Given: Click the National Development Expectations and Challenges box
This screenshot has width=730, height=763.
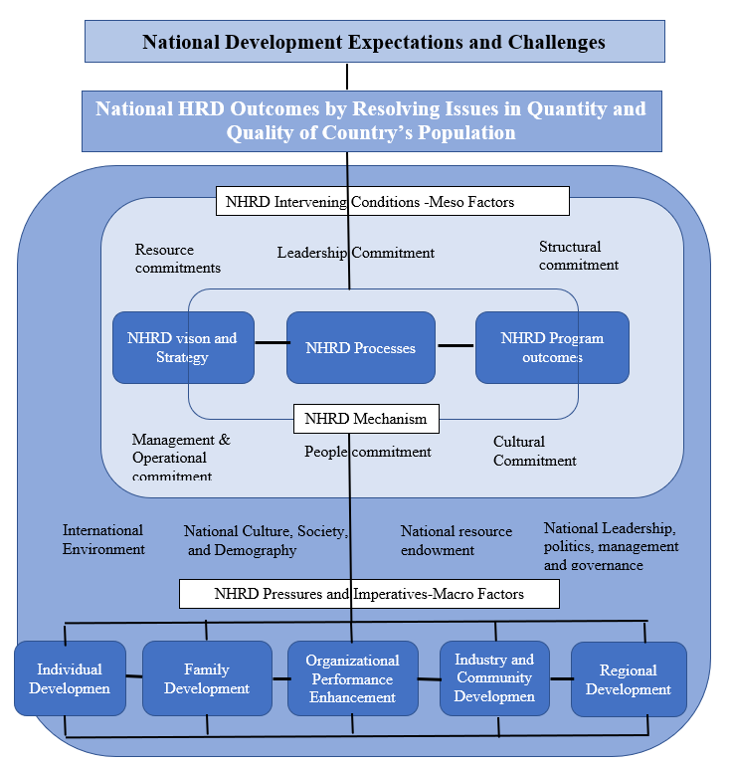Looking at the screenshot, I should pos(374,42).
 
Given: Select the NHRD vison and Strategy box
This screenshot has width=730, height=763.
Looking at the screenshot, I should pos(183,347).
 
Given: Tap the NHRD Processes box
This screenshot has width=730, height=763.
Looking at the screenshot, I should pos(361,347).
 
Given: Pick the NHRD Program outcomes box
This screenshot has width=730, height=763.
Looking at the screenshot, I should pos(552,347).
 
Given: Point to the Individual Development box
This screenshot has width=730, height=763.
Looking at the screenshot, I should pos(70,678).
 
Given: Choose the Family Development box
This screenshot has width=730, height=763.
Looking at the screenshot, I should pos(207,678).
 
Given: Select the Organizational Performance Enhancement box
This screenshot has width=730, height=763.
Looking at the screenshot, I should pos(353,678).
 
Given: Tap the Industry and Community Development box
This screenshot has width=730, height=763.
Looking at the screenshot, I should pos(494,677).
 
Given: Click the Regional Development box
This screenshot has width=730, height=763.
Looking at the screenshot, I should pos(629,678).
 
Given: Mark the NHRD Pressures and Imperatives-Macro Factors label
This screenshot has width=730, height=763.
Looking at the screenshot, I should pos(369,595).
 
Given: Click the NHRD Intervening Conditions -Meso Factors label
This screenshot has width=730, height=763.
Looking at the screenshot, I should pos(392,202).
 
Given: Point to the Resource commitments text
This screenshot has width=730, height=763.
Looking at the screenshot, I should pos(177,259).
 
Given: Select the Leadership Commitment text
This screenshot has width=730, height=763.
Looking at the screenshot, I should pos(355,253).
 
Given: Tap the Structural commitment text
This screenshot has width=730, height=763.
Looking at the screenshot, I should pos(579,256).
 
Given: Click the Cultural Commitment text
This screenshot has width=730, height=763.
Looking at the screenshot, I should pos(534,451).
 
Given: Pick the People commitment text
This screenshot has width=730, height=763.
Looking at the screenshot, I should pos(367,452).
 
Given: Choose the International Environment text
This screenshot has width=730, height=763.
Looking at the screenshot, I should pos(103,539).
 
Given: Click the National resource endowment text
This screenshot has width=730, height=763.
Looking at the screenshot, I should pos(456,540).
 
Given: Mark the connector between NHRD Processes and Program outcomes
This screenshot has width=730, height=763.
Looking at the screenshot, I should pos(456,346).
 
